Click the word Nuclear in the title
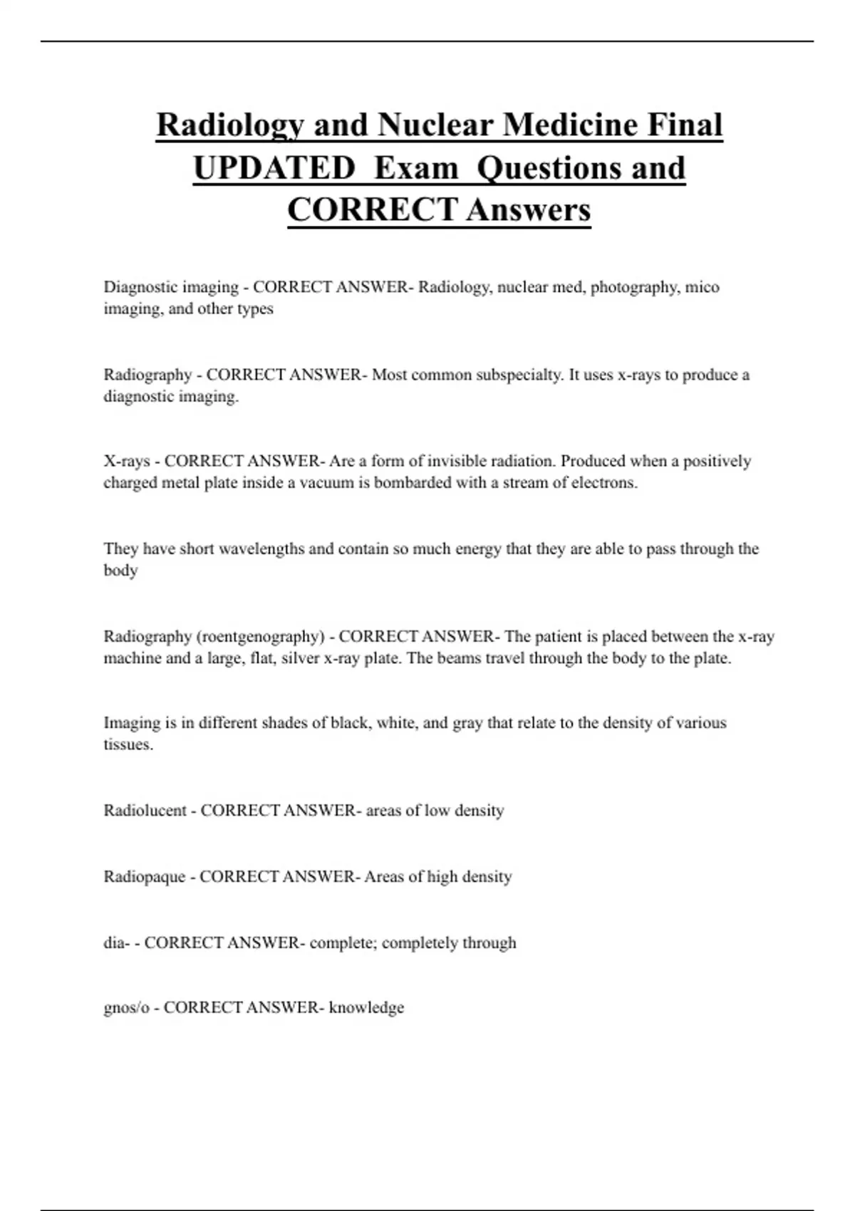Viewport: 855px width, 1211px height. [x=435, y=125]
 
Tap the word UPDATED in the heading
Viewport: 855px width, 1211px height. [x=274, y=168]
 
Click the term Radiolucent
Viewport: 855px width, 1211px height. [x=145, y=811]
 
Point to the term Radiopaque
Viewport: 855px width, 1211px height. [x=145, y=877]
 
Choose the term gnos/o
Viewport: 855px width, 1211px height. [x=126, y=1008]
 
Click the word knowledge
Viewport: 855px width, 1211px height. [x=366, y=1008]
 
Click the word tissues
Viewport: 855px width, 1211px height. [x=128, y=745]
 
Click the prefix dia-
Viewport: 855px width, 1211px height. [x=117, y=943]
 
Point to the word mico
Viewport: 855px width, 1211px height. [x=702, y=287]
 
